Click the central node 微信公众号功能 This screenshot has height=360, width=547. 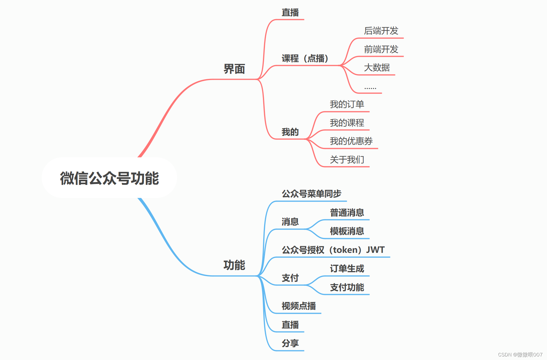[109, 178]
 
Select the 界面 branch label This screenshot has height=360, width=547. [234, 69]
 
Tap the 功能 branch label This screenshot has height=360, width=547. [234, 265]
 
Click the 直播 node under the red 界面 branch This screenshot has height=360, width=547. [290, 12]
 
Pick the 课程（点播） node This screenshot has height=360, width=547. [305, 58]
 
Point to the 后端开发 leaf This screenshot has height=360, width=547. [381, 31]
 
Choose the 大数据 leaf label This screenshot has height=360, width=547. [377, 67]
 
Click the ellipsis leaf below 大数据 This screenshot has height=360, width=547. [370, 87]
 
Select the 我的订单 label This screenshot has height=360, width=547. [347, 104]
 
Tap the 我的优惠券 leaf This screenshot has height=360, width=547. [351, 141]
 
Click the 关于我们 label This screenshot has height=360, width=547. [347, 160]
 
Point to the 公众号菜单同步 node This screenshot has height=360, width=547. [311, 194]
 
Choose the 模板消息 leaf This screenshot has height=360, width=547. [347, 231]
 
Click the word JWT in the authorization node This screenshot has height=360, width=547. [375, 250]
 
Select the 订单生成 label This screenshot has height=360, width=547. [347, 268]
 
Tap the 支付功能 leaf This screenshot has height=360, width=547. [347, 287]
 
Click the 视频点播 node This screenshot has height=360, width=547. [299, 306]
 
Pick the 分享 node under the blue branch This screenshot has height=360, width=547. [290, 343]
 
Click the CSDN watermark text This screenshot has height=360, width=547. [520, 355]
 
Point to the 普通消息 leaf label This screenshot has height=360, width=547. [347, 213]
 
